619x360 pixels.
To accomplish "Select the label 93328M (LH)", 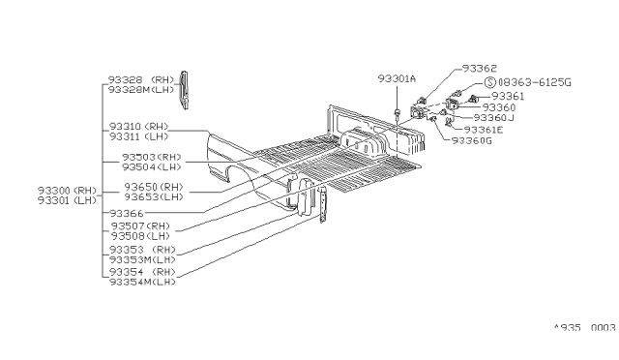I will [x=142, y=89].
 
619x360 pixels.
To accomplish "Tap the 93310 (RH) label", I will [x=139, y=127].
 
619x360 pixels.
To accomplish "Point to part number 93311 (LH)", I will [x=139, y=137].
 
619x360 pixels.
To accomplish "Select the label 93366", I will [x=126, y=213].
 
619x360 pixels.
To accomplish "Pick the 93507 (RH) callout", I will [x=140, y=225].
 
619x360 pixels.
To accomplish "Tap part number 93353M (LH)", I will [x=142, y=259].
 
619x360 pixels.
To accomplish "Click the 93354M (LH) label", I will [x=142, y=282].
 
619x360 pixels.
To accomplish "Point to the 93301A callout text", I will [x=397, y=78].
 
